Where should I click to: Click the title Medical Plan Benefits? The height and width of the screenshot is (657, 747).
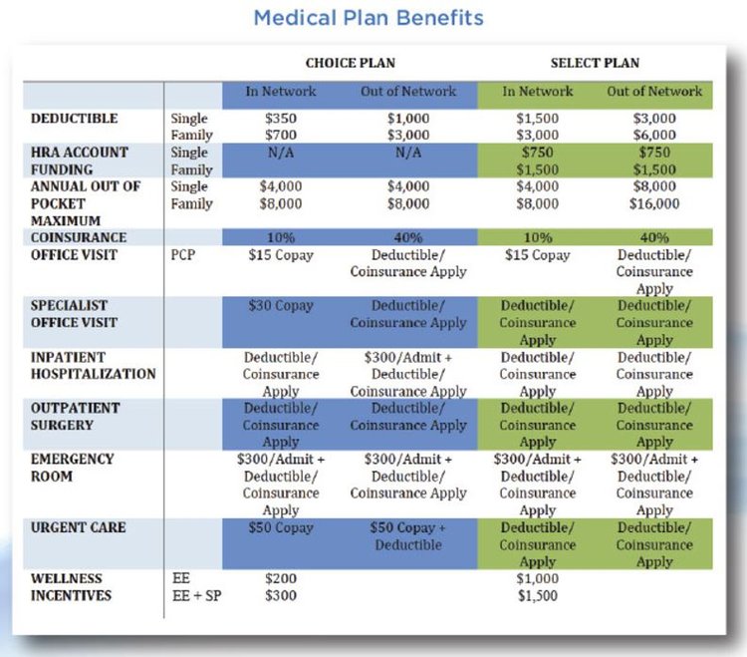(x=369, y=18)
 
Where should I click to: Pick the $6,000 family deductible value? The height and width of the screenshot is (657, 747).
(x=654, y=136)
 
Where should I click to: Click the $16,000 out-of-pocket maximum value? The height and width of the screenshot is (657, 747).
(x=654, y=203)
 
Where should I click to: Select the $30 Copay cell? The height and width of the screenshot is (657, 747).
(x=281, y=306)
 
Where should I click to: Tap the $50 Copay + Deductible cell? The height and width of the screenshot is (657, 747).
(x=408, y=536)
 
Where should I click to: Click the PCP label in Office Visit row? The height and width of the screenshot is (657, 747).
(x=184, y=255)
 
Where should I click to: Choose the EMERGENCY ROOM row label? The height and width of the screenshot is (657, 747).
(x=72, y=468)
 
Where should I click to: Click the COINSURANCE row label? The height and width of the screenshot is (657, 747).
(x=79, y=237)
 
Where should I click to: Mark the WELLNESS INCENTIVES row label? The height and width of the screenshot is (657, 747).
(x=72, y=587)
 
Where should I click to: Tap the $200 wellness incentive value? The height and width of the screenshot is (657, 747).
(x=281, y=578)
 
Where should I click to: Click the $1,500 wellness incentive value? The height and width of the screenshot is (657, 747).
(x=537, y=596)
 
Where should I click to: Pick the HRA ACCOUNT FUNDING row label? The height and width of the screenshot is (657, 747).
(x=79, y=161)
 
